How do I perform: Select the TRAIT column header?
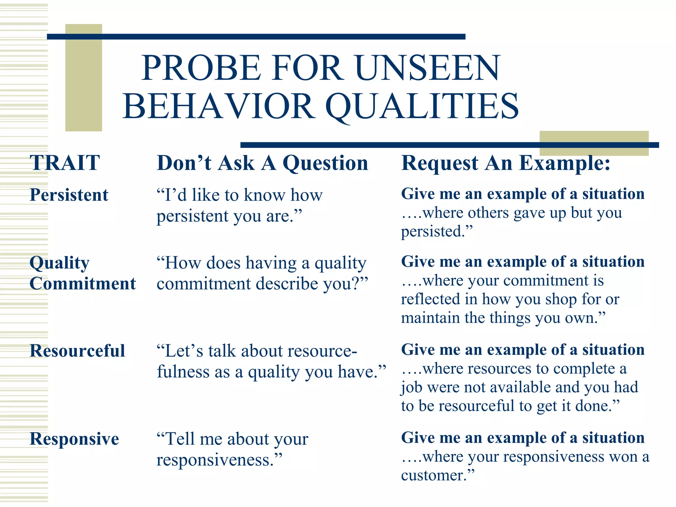point(65,163)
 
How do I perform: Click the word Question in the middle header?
point(325,163)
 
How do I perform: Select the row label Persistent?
point(69,195)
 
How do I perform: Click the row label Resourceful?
point(77,351)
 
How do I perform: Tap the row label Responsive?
point(74,439)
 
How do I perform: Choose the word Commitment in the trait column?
point(83,284)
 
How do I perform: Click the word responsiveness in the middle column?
point(215,460)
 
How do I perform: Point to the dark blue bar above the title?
point(256,37)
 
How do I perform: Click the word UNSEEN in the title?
point(428,68)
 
